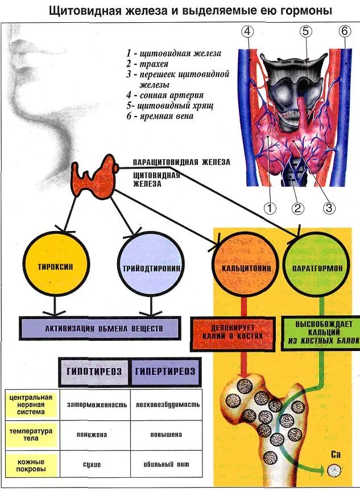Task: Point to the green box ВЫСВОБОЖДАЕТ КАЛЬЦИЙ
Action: [321, 332]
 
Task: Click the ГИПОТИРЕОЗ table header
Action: [94, 372]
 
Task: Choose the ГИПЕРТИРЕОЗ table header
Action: [165, 372]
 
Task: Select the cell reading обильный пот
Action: [166, 464]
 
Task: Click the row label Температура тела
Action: [31, 435]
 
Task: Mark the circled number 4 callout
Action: [247, 32]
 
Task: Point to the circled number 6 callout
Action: [344, 31]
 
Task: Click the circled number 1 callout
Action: [270, 208]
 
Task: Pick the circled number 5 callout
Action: [306, 32]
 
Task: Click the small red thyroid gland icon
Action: [94, 176]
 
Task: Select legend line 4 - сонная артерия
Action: [165, 95]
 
